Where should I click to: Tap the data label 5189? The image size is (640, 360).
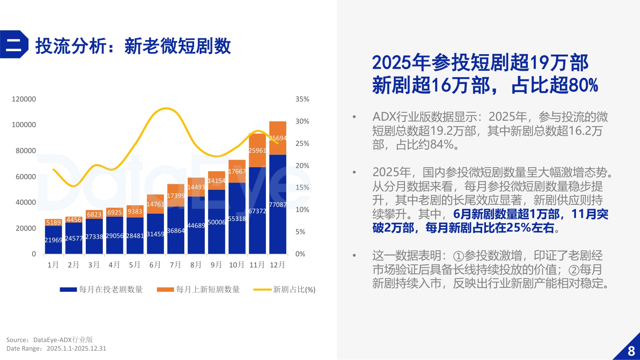pos(54,223)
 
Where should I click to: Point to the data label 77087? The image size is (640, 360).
pos(278,205)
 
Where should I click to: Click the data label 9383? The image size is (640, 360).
pos(135,212)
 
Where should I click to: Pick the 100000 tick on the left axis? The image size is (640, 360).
pos(24,125)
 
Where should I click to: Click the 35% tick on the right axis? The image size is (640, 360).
pos(302,99)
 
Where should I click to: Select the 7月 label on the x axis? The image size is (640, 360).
pos(175,265)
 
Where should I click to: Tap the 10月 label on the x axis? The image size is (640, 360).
pos(237,265)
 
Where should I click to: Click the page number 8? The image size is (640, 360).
pos(631,351)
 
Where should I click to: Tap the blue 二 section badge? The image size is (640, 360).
pos(14,44)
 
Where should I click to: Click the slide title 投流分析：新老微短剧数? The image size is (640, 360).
pos(133,46)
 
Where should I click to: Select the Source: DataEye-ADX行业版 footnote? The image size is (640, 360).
pos(49,340)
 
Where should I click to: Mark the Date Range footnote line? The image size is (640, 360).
pos(56,348)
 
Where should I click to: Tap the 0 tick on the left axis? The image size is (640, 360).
pos(34,254)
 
